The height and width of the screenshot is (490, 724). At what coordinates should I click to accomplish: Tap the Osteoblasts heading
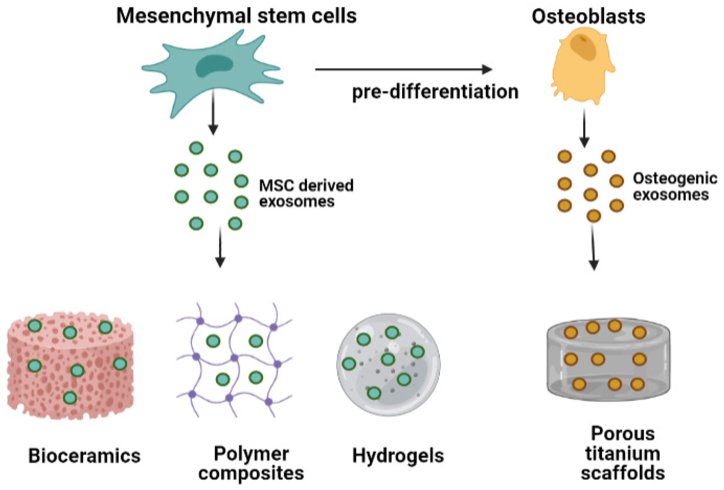[588, 16]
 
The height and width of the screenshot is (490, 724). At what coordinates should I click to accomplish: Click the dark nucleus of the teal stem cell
[214, 66]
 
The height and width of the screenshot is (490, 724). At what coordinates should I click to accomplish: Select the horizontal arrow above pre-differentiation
[403, 69]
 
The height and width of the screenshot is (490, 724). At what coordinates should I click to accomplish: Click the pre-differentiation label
[435, 92]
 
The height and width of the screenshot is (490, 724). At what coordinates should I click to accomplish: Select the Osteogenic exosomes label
[674, 186]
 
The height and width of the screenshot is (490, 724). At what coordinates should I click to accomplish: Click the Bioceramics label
[84, 456]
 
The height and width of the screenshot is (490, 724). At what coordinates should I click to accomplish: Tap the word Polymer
[251, 454]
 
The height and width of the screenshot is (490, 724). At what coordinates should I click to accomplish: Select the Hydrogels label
[398, 456]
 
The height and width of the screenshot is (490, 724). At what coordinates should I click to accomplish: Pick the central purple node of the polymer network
[234, 358]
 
